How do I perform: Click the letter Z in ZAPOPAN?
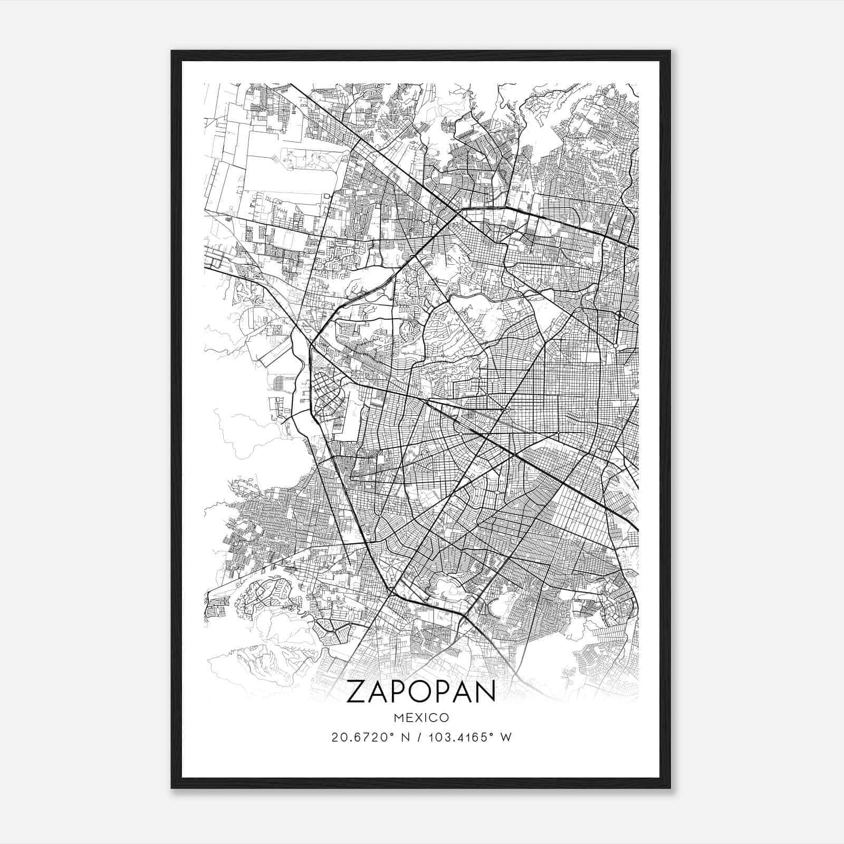click(357, 693)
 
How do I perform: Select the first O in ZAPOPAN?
click(420, 693)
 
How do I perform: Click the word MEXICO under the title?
click(421, 717)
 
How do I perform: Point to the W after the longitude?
click(505, 737)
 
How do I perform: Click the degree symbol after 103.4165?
click(492, 734)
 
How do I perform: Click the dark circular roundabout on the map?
click(619, 315)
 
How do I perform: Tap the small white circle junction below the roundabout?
click(616, 346)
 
